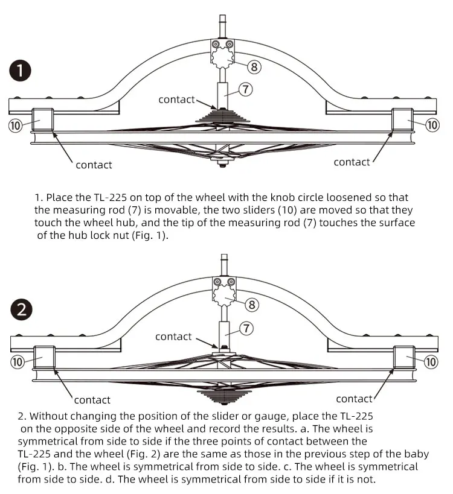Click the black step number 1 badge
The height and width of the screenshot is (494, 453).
pyautogui.click(x=20, y=71)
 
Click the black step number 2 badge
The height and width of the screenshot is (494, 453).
pyautogui.click(x=22, y=309)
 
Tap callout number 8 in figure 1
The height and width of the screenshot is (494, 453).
pyautogui.click(x=254, y=67)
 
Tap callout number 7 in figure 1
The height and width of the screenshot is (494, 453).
pyautogui.click(x=246, y=89)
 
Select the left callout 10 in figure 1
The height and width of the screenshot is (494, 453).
pyautogui.click(x=15, y=125)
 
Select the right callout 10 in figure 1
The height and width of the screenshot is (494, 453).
pyautogui.click(x=432, y=125)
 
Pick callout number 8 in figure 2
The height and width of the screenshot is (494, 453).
pyautogui.click(x=252, y=305)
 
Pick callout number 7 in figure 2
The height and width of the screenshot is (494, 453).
pyautogui.click(x=246, y=328)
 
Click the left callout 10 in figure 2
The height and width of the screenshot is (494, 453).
pyautogui.click(x=18, y=362)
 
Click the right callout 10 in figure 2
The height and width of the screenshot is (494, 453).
pyautogui.click(x=431, y=362)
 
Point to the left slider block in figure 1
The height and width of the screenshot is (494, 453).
pyautogui.click(x=43, y=119)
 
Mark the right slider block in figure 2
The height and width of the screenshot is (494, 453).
pyautogui.click(x=404, y=357)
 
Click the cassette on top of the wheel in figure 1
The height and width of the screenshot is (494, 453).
pyautogui.click(x=222, y=116)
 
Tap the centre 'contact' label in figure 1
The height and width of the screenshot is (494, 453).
pyautogui.click(x=176, y=100)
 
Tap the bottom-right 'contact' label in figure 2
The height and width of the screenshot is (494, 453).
pyautogui.click(x=354, y=399)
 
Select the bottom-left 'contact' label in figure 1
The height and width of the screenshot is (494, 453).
pyautogui.click(x=94, y=165)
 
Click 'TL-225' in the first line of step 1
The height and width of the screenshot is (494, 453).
pyautogui.click(x=111, y=197)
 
